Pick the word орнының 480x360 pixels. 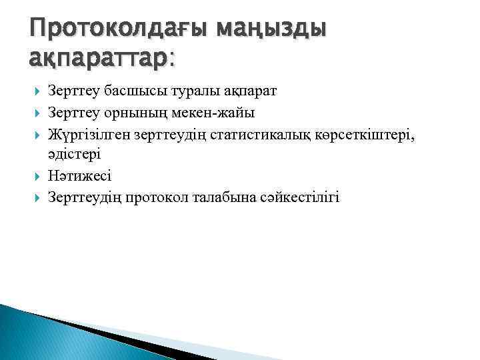pos(134,112)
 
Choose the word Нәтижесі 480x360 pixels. pos(80,176)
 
